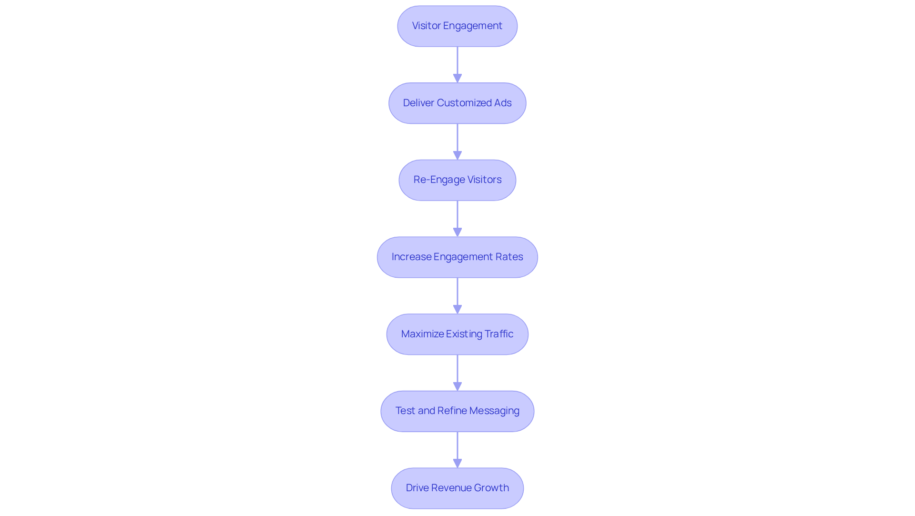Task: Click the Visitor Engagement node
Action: (x=457, y=26)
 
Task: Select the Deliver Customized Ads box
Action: (x=457, y=103)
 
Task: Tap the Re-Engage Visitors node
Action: (x=457, y=180)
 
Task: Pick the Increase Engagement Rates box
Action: (x=457, y=257)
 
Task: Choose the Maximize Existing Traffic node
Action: (x=457, y=334)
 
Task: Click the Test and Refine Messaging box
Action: (x=457, y=411)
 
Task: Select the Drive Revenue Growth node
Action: (x=457, y=488)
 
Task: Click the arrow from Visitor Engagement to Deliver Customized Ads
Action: (x=457, y=64)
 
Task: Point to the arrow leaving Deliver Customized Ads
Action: (x=457, y=142)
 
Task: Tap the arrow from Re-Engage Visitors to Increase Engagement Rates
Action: (x=457, y=218)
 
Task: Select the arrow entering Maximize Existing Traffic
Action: (x=457, y=295)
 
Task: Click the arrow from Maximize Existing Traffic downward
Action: (x=457, y=373)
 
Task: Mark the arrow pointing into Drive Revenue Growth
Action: (x=457, y=449)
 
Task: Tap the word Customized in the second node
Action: (x=464, y=103)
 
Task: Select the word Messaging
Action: (x=494, y=411)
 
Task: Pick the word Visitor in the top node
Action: (x=426, y=26)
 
